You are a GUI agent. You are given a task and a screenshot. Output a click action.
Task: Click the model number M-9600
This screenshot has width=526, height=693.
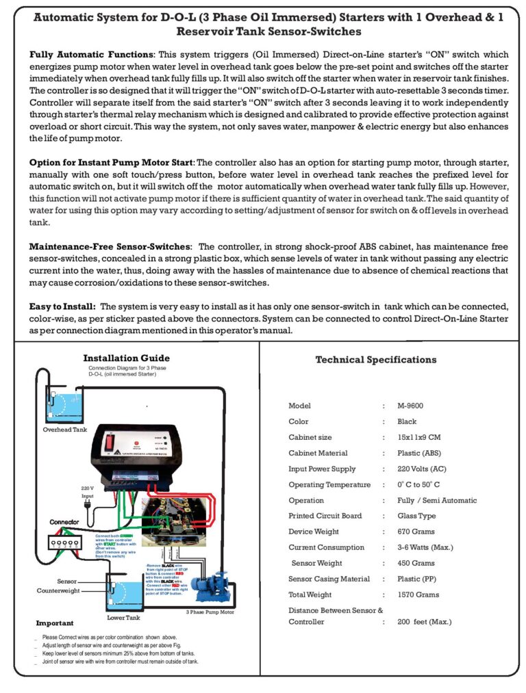tap(410, 406)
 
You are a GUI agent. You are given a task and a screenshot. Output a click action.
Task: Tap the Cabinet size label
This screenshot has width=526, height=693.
tap(310, 437)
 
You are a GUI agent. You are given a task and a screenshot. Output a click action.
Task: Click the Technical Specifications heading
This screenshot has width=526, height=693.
tap(375, 360)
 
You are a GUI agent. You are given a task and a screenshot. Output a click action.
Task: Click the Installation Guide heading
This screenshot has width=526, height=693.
tap(126, 358)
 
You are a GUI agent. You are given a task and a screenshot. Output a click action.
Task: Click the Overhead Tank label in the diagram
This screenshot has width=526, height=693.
tap(65, 430)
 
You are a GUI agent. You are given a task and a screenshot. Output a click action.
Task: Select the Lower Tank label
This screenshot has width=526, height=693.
tap(123, 617)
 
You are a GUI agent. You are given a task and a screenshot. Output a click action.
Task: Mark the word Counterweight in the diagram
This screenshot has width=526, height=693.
tap(60, 590)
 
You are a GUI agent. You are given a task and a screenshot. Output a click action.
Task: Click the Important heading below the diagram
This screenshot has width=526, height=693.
tap(54, 623)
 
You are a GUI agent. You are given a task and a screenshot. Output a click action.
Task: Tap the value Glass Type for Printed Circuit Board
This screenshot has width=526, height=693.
tap(416, 516)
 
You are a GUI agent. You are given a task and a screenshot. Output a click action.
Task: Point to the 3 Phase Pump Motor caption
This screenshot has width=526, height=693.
tap(210, 612)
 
